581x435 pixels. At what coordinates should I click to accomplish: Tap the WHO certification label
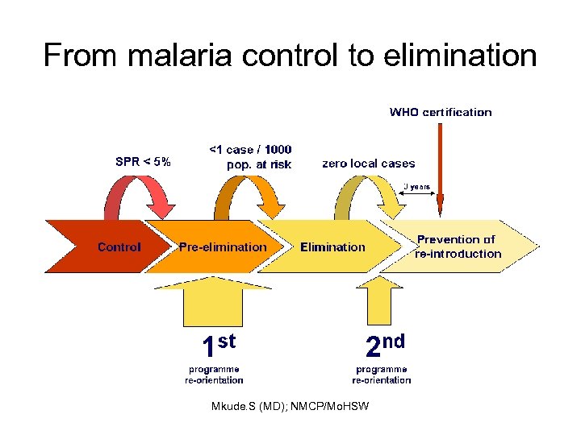[x=440, y=112]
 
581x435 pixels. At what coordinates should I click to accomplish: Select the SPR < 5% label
[x=143, y=161]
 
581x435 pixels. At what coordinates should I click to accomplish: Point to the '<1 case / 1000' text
[x=250, y=150]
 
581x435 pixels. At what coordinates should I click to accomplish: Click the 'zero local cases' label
[x=368, y=163]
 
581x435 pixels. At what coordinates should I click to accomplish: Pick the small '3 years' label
[x=417, y=187]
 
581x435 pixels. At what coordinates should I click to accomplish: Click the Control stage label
[x=119, y=246]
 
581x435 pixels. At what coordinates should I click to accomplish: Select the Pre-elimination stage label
[x=222, y=246]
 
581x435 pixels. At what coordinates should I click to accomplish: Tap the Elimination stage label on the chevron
[x=332, y=246]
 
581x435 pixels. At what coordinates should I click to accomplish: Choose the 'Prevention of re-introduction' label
[x=458, y=246]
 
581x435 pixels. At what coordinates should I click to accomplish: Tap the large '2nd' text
[x=383, y=345]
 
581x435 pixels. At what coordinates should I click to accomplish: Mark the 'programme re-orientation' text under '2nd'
[x=382, y=375]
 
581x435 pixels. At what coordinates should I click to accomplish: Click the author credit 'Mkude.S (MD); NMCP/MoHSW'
[x=290, y=406]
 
